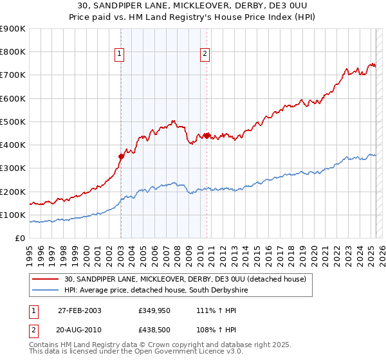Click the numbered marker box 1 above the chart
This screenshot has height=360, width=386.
click(120, 55)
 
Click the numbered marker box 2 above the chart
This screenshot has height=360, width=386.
click(205, 55)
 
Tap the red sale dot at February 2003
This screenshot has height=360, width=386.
click(121, 156)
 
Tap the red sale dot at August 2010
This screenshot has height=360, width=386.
click(207, 135)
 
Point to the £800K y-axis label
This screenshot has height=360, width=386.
click(13, 52)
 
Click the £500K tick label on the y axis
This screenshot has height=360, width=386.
click(13, 122)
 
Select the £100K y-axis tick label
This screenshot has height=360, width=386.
click(13, 215)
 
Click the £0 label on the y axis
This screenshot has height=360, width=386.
click(21, 238)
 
